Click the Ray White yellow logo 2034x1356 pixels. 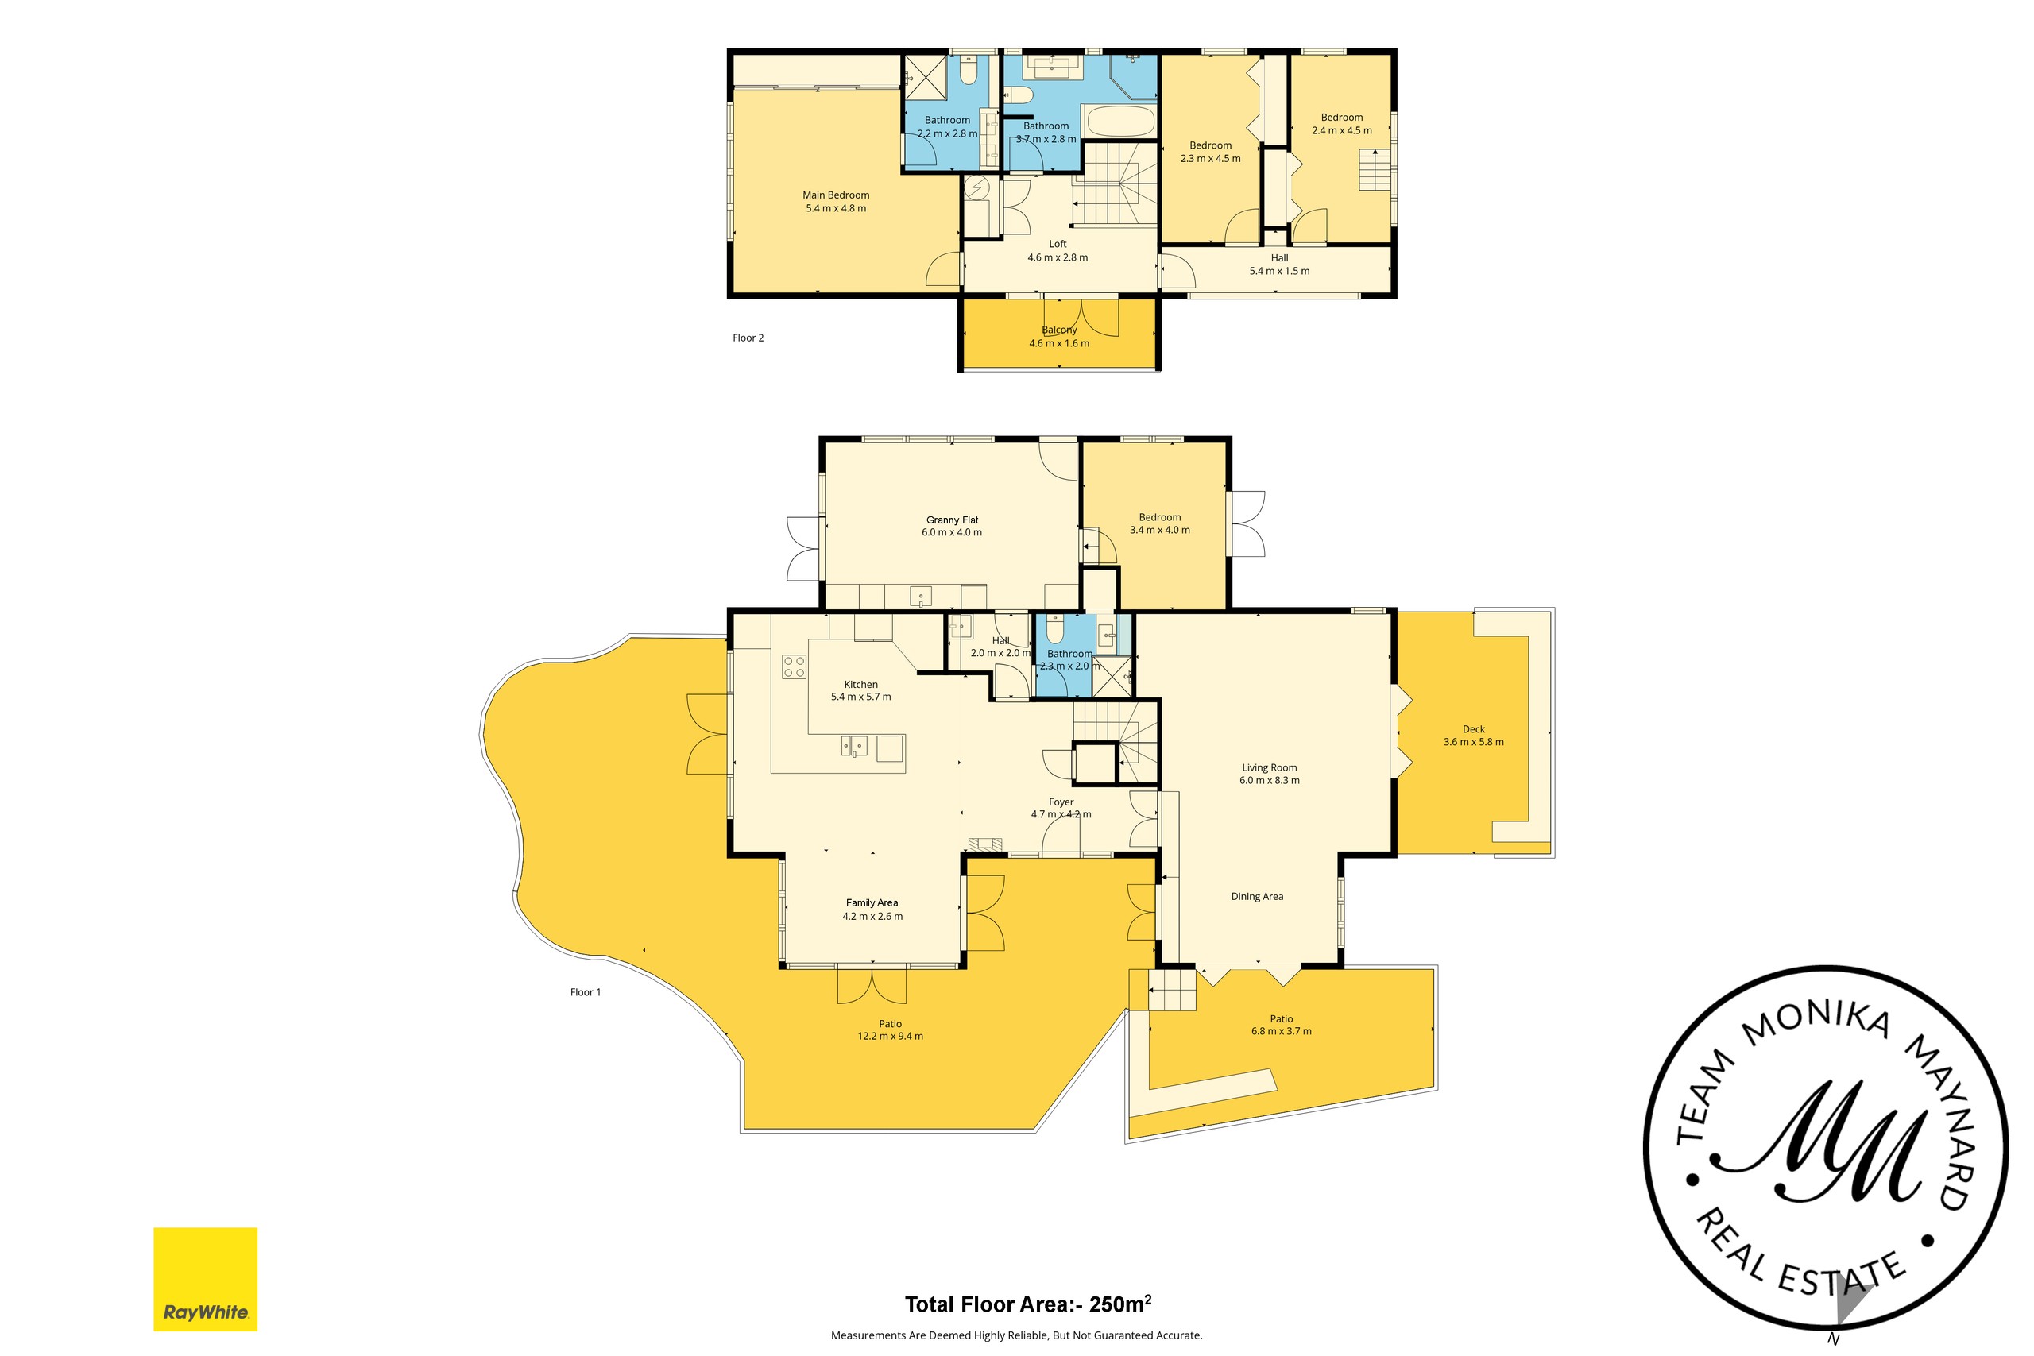point(206,1279)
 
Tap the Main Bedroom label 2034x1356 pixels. point(835,195)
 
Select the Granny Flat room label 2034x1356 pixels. point(952,520)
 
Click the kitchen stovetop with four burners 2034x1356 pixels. point(794,666)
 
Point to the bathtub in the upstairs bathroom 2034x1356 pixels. point(1120,122)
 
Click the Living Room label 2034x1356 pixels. point(1269,767)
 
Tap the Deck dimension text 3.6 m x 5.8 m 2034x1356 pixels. point(1473,742)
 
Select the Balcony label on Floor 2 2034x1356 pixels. point(1058,330)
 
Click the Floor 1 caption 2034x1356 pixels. point(586,992)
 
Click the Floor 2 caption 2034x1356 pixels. point(748,338)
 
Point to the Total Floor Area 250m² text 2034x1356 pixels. point(1028,1304)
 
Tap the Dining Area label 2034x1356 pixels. point(1256,896)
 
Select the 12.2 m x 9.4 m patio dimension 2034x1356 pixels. point(890,1036)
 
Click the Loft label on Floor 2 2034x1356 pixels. point(1058,244)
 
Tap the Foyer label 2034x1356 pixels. point(1061,802)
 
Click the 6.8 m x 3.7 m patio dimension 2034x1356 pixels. point(1281,1031)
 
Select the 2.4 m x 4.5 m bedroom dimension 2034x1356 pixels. point(1341,130)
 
